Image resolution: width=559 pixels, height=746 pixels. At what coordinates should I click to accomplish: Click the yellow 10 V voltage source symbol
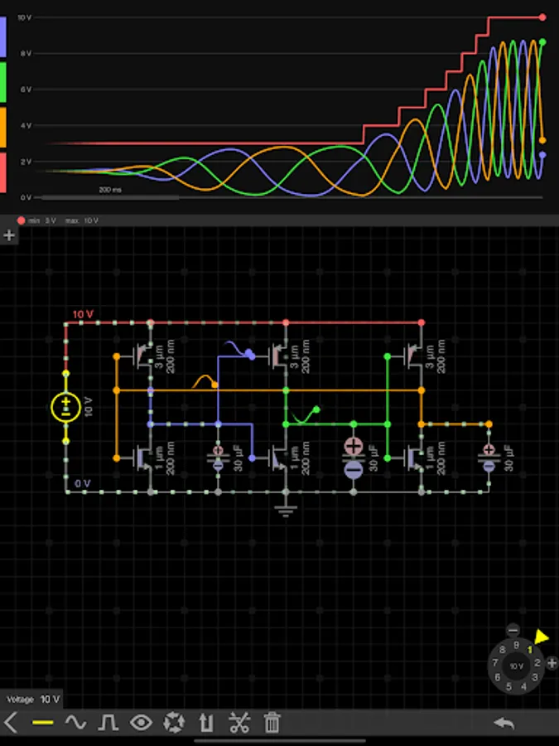(66, 407)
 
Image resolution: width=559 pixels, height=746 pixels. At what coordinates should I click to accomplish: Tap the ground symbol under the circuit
(286, 509)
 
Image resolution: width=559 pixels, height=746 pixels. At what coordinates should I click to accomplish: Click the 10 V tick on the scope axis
(24, 17)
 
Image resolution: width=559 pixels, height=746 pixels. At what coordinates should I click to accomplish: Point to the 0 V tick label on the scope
(26, 197)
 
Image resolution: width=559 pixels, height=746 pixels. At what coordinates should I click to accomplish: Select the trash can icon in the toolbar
(272, 723)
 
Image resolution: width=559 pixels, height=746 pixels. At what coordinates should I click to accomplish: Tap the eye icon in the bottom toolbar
(142, 723)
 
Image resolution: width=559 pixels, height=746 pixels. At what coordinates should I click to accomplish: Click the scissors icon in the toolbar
(239, 723)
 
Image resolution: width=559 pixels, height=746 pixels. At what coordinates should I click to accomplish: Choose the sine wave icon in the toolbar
(75, 723)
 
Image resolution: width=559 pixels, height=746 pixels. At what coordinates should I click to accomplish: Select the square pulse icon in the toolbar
(108, 723)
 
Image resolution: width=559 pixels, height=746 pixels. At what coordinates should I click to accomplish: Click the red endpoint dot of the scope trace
(543, 17)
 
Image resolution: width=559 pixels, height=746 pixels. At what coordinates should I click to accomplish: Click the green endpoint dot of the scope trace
(543, 41)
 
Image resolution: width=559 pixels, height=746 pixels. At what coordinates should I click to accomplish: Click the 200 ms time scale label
(110, 190)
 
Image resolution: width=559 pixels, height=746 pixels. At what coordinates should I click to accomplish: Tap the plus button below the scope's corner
(9, 235)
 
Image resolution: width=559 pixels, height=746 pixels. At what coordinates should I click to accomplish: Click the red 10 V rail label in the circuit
(83, 314)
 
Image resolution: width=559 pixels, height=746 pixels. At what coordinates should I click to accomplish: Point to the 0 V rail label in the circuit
(82, 482)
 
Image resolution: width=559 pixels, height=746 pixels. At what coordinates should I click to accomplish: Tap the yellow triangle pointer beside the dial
(542, 637)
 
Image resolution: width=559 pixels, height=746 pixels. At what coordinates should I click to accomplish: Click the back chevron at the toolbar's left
(11, 723)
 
